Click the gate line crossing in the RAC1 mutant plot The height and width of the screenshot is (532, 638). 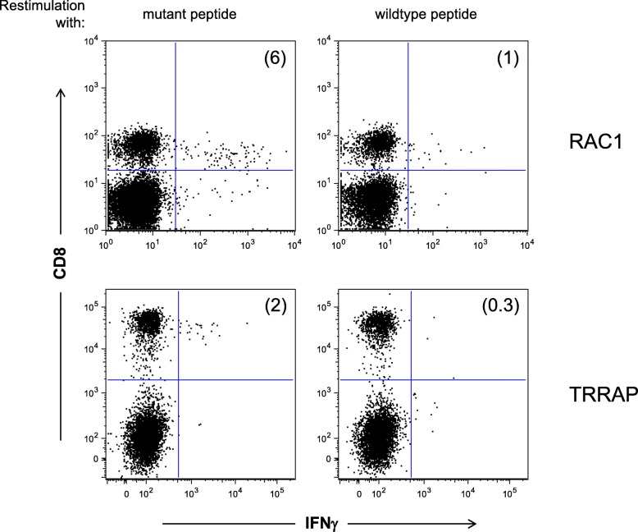coord(175,170)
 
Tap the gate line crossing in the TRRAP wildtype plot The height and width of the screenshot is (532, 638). coord(411,379)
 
